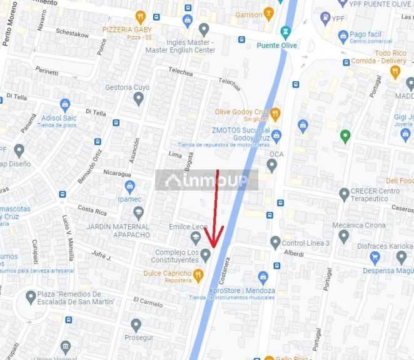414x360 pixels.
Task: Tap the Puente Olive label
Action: coord(276,46)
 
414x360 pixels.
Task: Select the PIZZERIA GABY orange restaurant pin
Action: coord(140,17)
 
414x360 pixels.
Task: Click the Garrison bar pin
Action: coord(269,13)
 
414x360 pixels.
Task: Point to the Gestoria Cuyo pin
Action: coord(139,98)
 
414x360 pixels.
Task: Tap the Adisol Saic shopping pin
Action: coord(65,105)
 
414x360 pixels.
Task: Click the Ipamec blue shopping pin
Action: coord(129,186)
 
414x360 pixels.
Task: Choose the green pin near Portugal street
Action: coord(345,136)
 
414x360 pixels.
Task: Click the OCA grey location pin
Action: coord(271,166)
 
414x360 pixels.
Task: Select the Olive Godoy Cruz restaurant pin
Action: coord(275,114)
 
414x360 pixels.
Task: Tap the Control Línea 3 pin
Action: coord(275,242)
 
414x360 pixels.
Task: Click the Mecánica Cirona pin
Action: coord(343,236)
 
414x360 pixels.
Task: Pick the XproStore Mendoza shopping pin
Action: coord(263,277)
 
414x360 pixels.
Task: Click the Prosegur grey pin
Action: coord(136,325)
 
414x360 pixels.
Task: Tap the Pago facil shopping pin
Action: coord(343,36)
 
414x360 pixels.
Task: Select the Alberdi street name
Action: coord(293,254)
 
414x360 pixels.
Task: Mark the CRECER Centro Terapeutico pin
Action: coord(344,194)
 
